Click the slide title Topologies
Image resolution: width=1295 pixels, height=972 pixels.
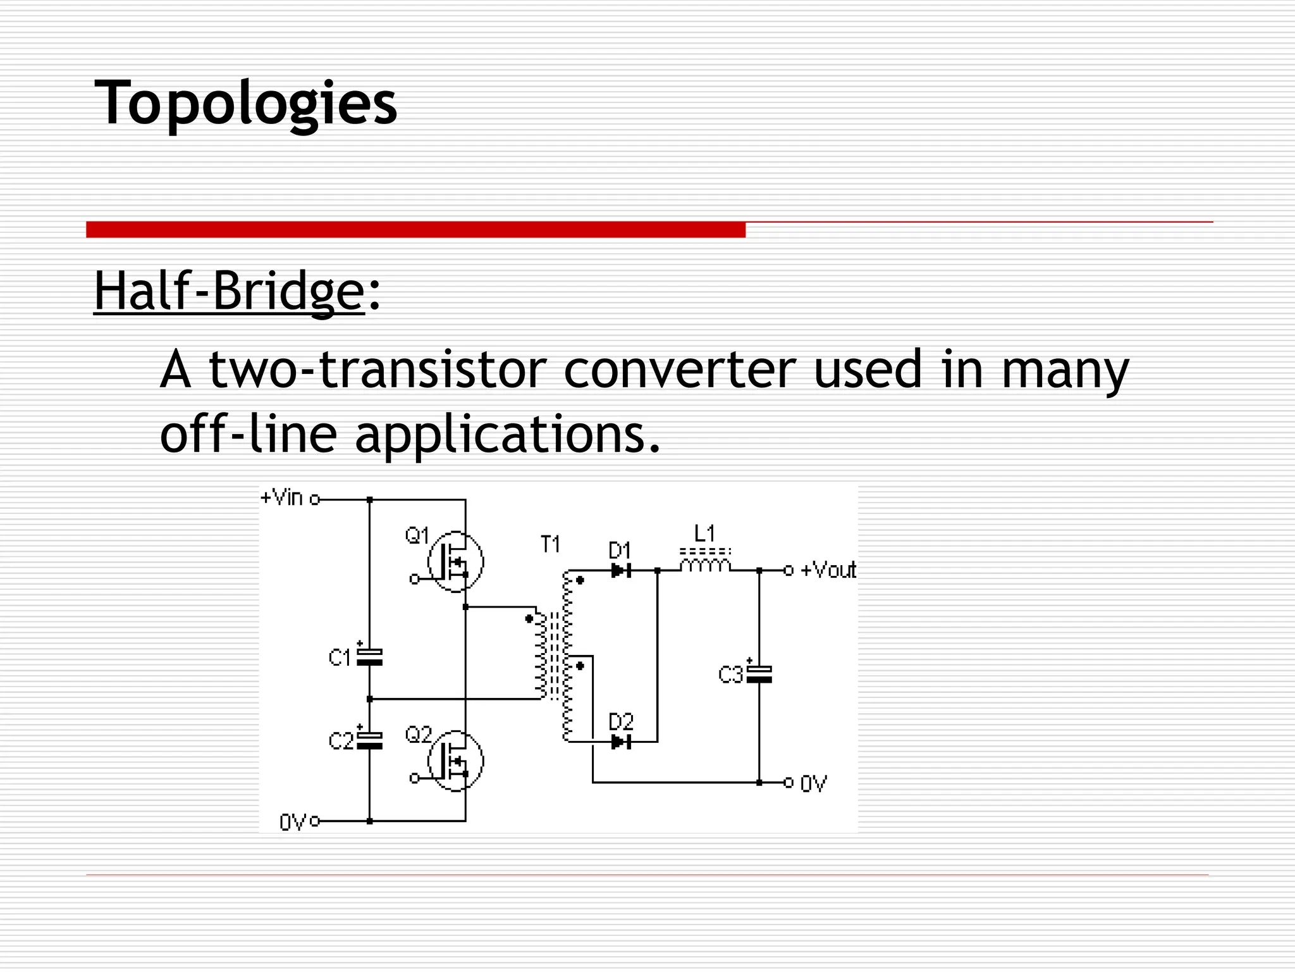click(245, 103)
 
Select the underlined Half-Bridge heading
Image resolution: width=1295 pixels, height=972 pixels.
click(229, 291)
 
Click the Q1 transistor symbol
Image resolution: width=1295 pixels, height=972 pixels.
click(455, 561)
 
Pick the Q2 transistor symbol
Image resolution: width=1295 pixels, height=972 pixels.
click(455, 761)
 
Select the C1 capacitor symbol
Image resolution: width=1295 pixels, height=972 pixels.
click(370, 657)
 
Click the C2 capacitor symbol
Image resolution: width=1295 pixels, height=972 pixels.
click(370, 740)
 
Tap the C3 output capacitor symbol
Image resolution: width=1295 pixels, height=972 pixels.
click(759, 675)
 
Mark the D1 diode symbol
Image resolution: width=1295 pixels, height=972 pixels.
click(621, 571)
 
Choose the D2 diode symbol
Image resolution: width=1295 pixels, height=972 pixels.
click(621, 742)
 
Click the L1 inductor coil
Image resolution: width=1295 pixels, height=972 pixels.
click(705, 563)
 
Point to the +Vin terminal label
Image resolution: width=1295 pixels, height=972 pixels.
click(282, 498)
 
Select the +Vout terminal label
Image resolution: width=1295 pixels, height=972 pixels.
click(828, 570)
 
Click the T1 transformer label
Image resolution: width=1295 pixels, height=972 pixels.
click(550, 544)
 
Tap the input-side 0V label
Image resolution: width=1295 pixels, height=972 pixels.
click(292, 822)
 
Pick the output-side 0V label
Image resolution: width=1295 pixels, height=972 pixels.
click(813, 784)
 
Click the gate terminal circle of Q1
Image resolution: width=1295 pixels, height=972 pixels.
click(414, 579)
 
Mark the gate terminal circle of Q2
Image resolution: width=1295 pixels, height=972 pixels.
click(414, 778)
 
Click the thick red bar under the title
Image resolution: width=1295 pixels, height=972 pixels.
click(415, 230)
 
